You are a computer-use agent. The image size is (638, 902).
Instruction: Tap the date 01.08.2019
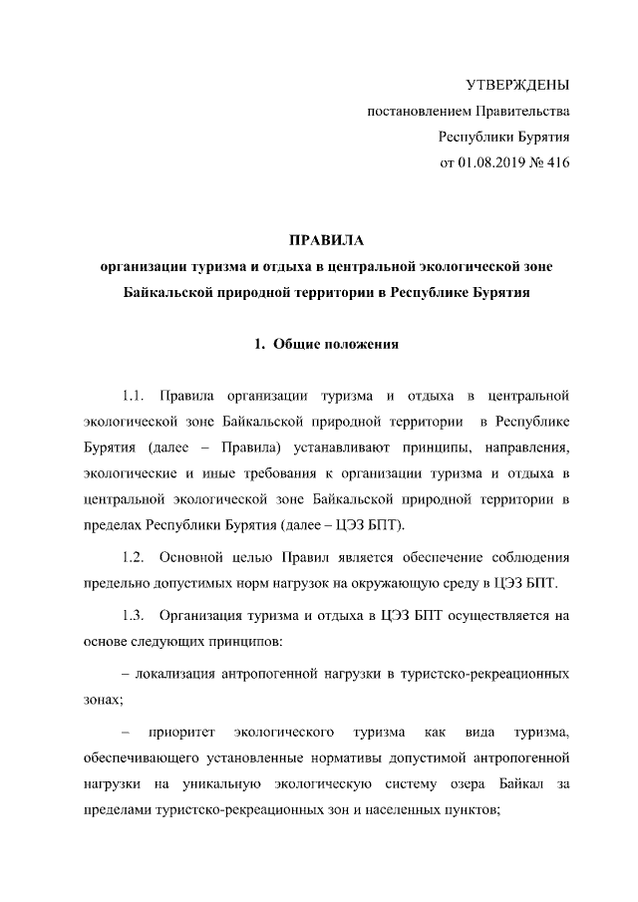(x=492, y=161)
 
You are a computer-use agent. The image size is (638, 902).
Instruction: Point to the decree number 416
(x=556, y=161)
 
